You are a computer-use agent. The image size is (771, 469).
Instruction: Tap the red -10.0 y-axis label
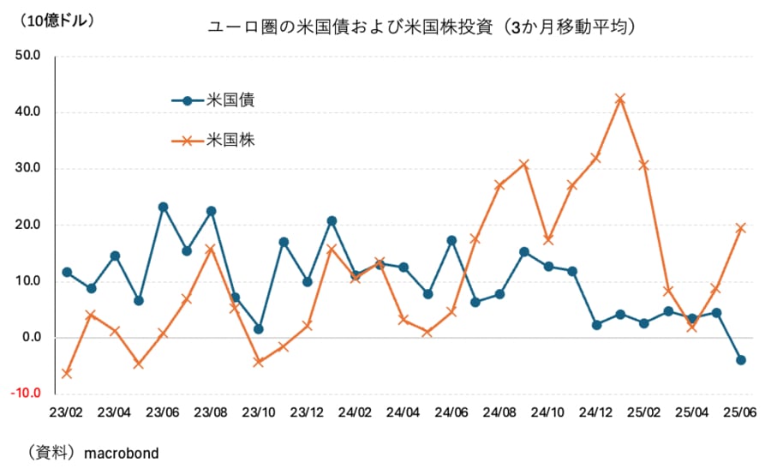tap(25, 394)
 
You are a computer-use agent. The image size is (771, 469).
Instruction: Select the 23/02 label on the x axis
tap(66, 412)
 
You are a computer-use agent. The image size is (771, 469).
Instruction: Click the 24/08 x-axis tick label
tap(499, 412)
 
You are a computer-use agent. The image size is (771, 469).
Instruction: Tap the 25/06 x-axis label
tap(740, 412)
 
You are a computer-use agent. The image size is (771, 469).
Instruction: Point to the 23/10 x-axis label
tap(259, 412)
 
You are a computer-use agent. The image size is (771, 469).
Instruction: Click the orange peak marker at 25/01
tap(620, 99)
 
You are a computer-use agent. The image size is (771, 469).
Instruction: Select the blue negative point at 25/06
tap(740, 360)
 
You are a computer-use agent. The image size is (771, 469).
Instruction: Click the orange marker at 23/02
tap(66, 373)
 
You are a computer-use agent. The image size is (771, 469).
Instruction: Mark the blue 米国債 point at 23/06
tap(163, 207)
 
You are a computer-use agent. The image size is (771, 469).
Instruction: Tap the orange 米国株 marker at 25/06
tap(740, 228)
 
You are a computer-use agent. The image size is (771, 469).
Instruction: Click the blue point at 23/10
tap(259, 329)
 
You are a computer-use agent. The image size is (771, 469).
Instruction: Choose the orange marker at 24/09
tap(524, 164)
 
